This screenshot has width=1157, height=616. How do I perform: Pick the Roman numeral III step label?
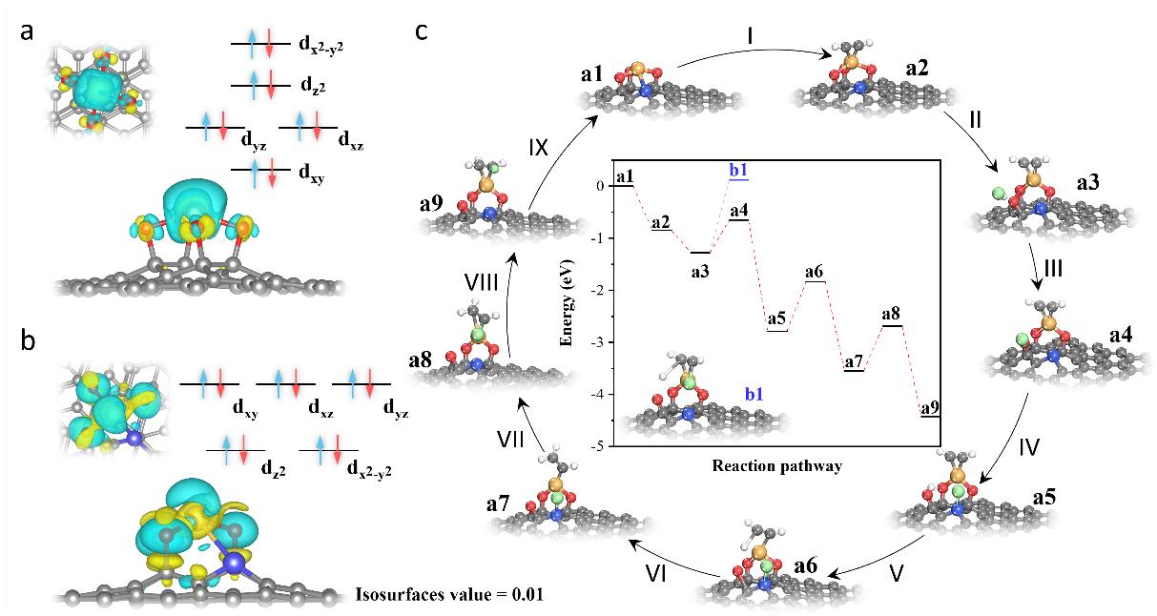point(1052,270)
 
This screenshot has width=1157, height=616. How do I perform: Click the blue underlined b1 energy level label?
point(738,171)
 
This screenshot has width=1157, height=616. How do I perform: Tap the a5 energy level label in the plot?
point(776,318)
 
